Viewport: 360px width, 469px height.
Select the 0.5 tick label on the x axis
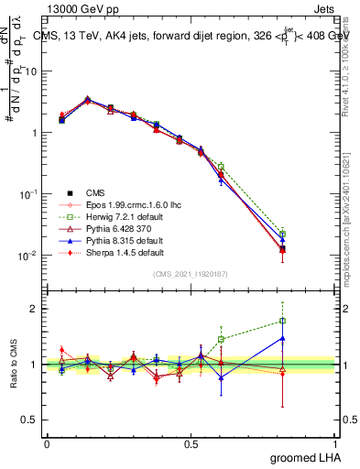coord(191,442)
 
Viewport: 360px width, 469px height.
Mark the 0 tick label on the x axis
coord(47,442)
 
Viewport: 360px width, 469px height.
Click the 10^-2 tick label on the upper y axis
coord(29,256)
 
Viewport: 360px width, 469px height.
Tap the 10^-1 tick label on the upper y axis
coord(29,194)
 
